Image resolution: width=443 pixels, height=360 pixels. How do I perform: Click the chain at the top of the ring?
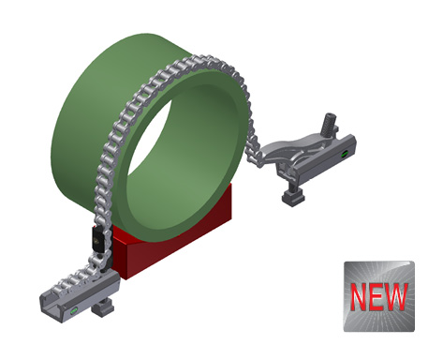pyautogui.click(x=201, y=61)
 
